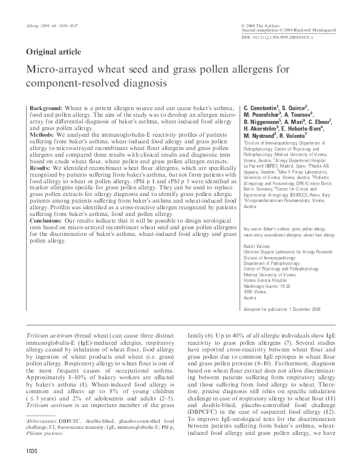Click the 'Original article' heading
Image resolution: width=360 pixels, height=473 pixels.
53,52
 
